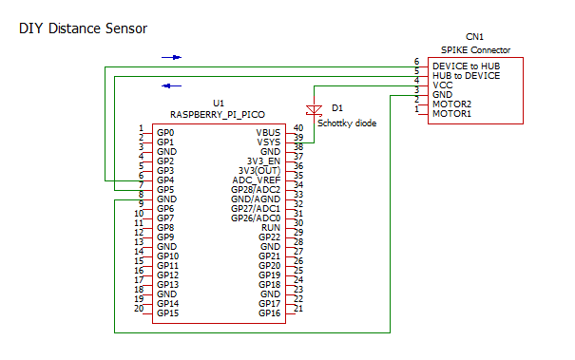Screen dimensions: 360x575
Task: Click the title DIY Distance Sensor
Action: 83,29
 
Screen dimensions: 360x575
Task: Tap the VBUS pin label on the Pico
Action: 268,132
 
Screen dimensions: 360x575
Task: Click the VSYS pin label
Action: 268,142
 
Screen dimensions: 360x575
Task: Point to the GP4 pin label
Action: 165,180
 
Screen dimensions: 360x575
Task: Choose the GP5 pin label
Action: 165,189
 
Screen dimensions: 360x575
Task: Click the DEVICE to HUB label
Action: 467,65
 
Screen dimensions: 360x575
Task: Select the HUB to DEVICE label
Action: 467,74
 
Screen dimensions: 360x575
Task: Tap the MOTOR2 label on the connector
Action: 451,104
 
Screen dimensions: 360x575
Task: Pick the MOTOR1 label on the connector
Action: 451,113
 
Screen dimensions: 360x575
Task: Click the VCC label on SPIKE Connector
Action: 442,85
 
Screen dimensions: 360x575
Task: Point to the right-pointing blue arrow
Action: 171,58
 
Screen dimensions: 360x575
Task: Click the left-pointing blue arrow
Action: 171,85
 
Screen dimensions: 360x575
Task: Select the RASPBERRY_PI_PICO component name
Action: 218,113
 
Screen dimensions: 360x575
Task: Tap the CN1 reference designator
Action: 474,36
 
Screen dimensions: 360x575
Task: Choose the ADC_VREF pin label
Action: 257,180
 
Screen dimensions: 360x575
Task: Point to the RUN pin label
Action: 270,227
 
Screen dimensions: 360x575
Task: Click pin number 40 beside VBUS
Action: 297,127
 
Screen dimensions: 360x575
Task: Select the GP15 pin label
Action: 167,313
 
